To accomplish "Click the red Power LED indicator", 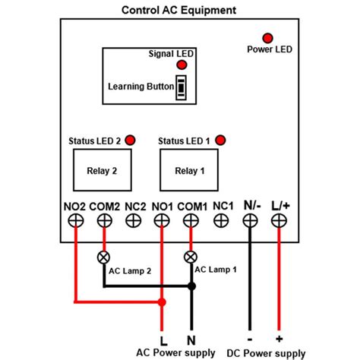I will point(267,37).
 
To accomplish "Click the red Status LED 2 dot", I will point(130,140).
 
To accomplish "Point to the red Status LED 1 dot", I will point(220,140).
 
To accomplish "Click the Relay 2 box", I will point(104,171).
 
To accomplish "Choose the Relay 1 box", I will point(190,171).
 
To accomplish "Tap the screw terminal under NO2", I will point(75,220).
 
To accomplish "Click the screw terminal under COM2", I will point(104,220).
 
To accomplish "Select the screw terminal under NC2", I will point(133,220).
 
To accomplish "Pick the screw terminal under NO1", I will point(162,220).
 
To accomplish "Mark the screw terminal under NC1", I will point(220,220).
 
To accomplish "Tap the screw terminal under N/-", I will point(249,220).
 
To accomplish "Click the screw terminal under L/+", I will point(278,220).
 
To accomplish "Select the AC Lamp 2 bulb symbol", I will point(104,257).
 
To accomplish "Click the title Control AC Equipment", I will point(178,10).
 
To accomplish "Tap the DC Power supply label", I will point(264,353).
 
